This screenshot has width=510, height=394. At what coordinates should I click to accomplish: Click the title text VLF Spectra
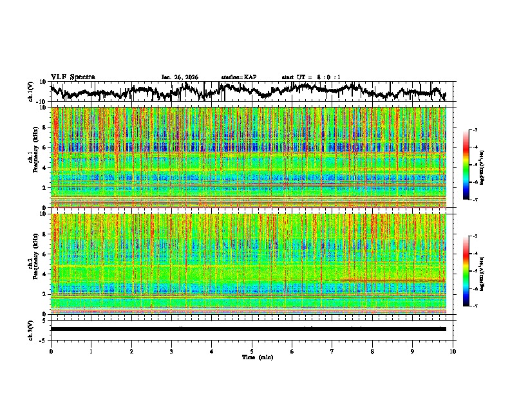coord(73,77)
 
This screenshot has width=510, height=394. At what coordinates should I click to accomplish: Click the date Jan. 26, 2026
coord(180,77)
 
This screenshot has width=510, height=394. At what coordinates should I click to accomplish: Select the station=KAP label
coord(238,77)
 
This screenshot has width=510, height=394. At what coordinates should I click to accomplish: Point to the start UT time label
coord(311,77)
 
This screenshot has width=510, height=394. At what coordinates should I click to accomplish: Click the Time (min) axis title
coord(257,357)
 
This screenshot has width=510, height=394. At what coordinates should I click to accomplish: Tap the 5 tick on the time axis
coord(252,351)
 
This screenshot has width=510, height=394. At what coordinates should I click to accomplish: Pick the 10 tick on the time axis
coord(453,351)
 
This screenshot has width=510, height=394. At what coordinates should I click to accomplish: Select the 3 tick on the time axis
coord(171,351)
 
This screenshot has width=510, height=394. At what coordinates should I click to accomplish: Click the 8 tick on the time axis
coord(372,351)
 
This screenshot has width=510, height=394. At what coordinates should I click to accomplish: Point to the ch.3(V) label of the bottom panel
coord(32,329)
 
